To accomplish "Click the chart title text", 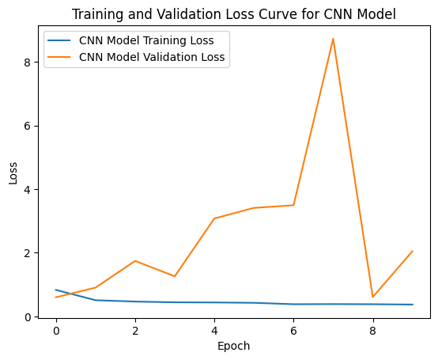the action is [234, 14].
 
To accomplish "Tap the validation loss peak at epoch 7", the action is [333, 39].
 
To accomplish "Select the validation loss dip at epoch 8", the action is [372, 297].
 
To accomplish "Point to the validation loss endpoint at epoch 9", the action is [412, 251].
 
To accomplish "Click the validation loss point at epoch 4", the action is [214, 218].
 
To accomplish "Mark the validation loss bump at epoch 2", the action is [135, 261].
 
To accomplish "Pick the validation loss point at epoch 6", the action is [293, 206].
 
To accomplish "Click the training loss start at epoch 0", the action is [56, 290].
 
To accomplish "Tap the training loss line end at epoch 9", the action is [412, 305].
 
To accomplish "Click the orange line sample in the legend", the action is [59, 57].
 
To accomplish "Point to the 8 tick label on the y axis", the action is [27, 63].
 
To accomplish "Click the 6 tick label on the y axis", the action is [27, 126].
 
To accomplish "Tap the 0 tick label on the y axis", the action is [27, 317].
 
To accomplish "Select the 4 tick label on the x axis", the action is [214, 331].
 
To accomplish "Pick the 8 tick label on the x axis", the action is [372, 331].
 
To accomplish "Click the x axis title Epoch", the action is [233, 347].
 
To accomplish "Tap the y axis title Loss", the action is [13, 173].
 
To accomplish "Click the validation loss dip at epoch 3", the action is [175, 276].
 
